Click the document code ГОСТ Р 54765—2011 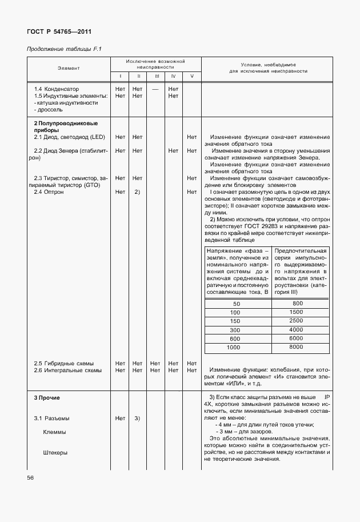[59, 31]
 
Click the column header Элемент [69, 67]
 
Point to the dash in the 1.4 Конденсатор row [155, 89]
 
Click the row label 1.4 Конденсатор [58, 89]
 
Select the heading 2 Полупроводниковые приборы [65, 126]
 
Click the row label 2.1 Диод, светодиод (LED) [69, 137]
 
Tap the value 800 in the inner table [297, 303]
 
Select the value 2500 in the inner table [296, 321]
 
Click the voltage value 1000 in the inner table [234, 348]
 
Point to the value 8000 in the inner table [296, 348]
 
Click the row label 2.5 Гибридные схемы [63, 364]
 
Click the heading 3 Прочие [47, 397]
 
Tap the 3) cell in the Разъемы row [137, 418]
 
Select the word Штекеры [55, 453]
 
